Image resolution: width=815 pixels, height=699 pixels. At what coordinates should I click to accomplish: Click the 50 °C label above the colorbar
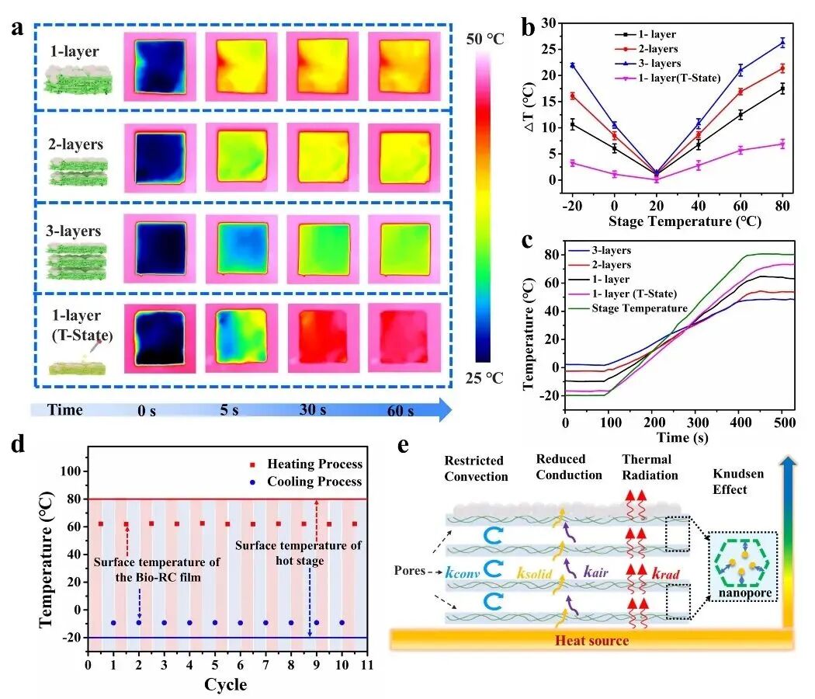pyautogui.click(x=484, y=39)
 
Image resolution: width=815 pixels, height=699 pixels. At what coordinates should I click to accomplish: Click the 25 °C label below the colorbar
pyautogui.click(x=484, y=377)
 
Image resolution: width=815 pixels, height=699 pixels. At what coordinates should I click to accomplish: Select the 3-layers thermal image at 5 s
pyautogui.click(x=241, y=249)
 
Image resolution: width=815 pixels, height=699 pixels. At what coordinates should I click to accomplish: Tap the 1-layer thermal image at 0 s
pyautogui.click(x=160, y=67)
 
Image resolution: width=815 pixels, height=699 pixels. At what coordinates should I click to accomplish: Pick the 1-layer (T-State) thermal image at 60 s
pyautogui.click(x=404, y=338)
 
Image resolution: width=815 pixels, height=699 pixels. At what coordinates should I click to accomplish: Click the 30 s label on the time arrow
pyautogui.click(x=313, y=410)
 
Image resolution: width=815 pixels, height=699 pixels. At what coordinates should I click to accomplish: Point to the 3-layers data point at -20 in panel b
pyautogui.click(x=572, y=65)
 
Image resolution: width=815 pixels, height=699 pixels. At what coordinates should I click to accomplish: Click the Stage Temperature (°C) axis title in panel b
pyautogui.click(x=685, y=221)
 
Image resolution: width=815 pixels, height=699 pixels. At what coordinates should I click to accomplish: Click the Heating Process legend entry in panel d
pyautogui.click(x=306, y=464)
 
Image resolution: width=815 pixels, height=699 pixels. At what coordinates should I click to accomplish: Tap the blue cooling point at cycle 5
pyautogui.click(x=215, y=623)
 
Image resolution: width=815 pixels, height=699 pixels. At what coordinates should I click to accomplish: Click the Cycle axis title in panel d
pyautogui.click(x=226, y=684)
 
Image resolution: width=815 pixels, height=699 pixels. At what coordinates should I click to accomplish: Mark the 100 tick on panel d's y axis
pyautogui.click(x=71, y=471)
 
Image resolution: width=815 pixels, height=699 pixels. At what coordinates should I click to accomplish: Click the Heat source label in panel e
pyautogui.click(x=592, y=640)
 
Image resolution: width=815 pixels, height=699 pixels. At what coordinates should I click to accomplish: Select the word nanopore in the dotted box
pyautogui.click(x=745, y=593)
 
